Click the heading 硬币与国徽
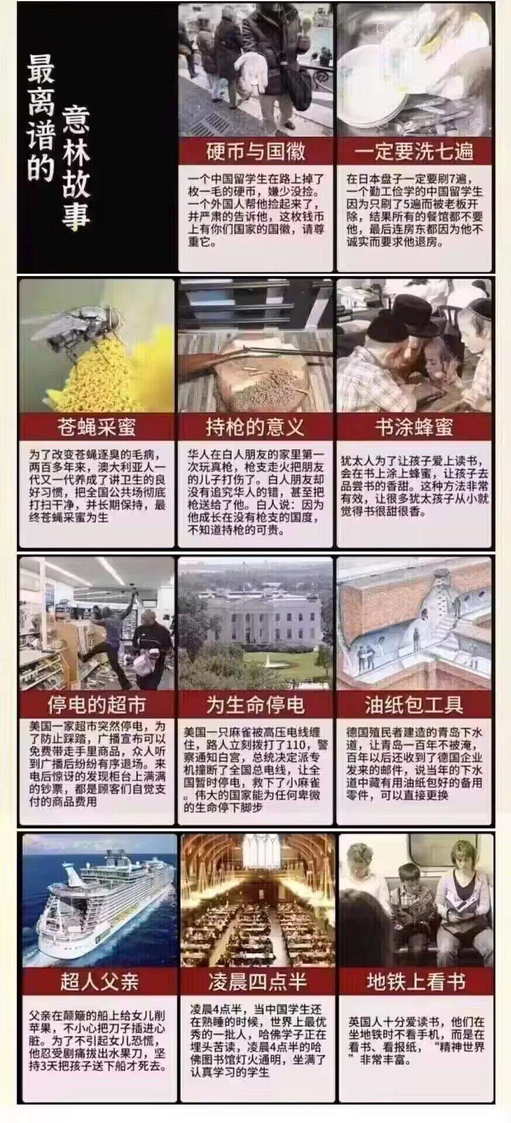255,152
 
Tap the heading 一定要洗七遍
414,152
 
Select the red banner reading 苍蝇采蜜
96,427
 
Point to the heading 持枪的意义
255,427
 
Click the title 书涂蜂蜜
414,427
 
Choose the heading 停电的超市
96,705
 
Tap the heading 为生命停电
255,705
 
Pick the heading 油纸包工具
414,705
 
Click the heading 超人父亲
99,981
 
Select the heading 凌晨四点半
257,981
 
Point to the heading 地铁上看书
416,981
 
